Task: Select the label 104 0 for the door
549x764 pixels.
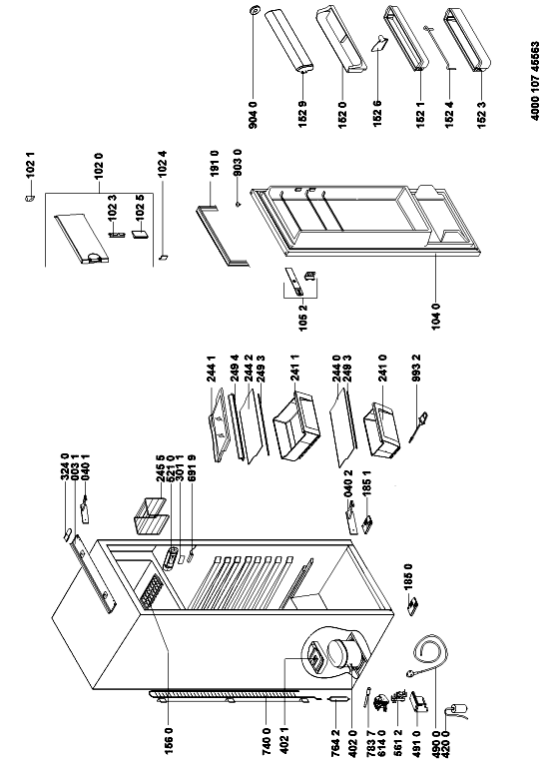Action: (436, 316)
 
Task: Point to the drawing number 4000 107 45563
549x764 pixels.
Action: (534, 81)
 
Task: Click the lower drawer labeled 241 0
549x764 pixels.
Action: (382, 428)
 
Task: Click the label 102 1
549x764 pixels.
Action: (31, 166)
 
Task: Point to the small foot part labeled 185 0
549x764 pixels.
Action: (414, 606)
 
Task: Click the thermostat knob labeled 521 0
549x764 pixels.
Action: (172, 558)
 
